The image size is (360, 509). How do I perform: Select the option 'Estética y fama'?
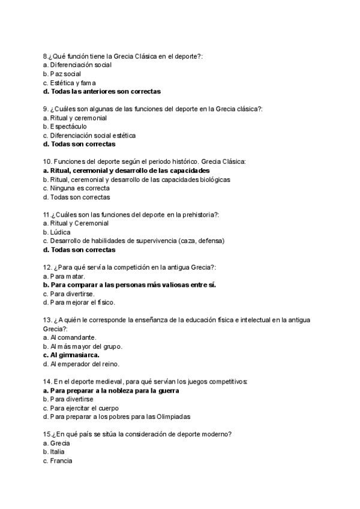point(70,82)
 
